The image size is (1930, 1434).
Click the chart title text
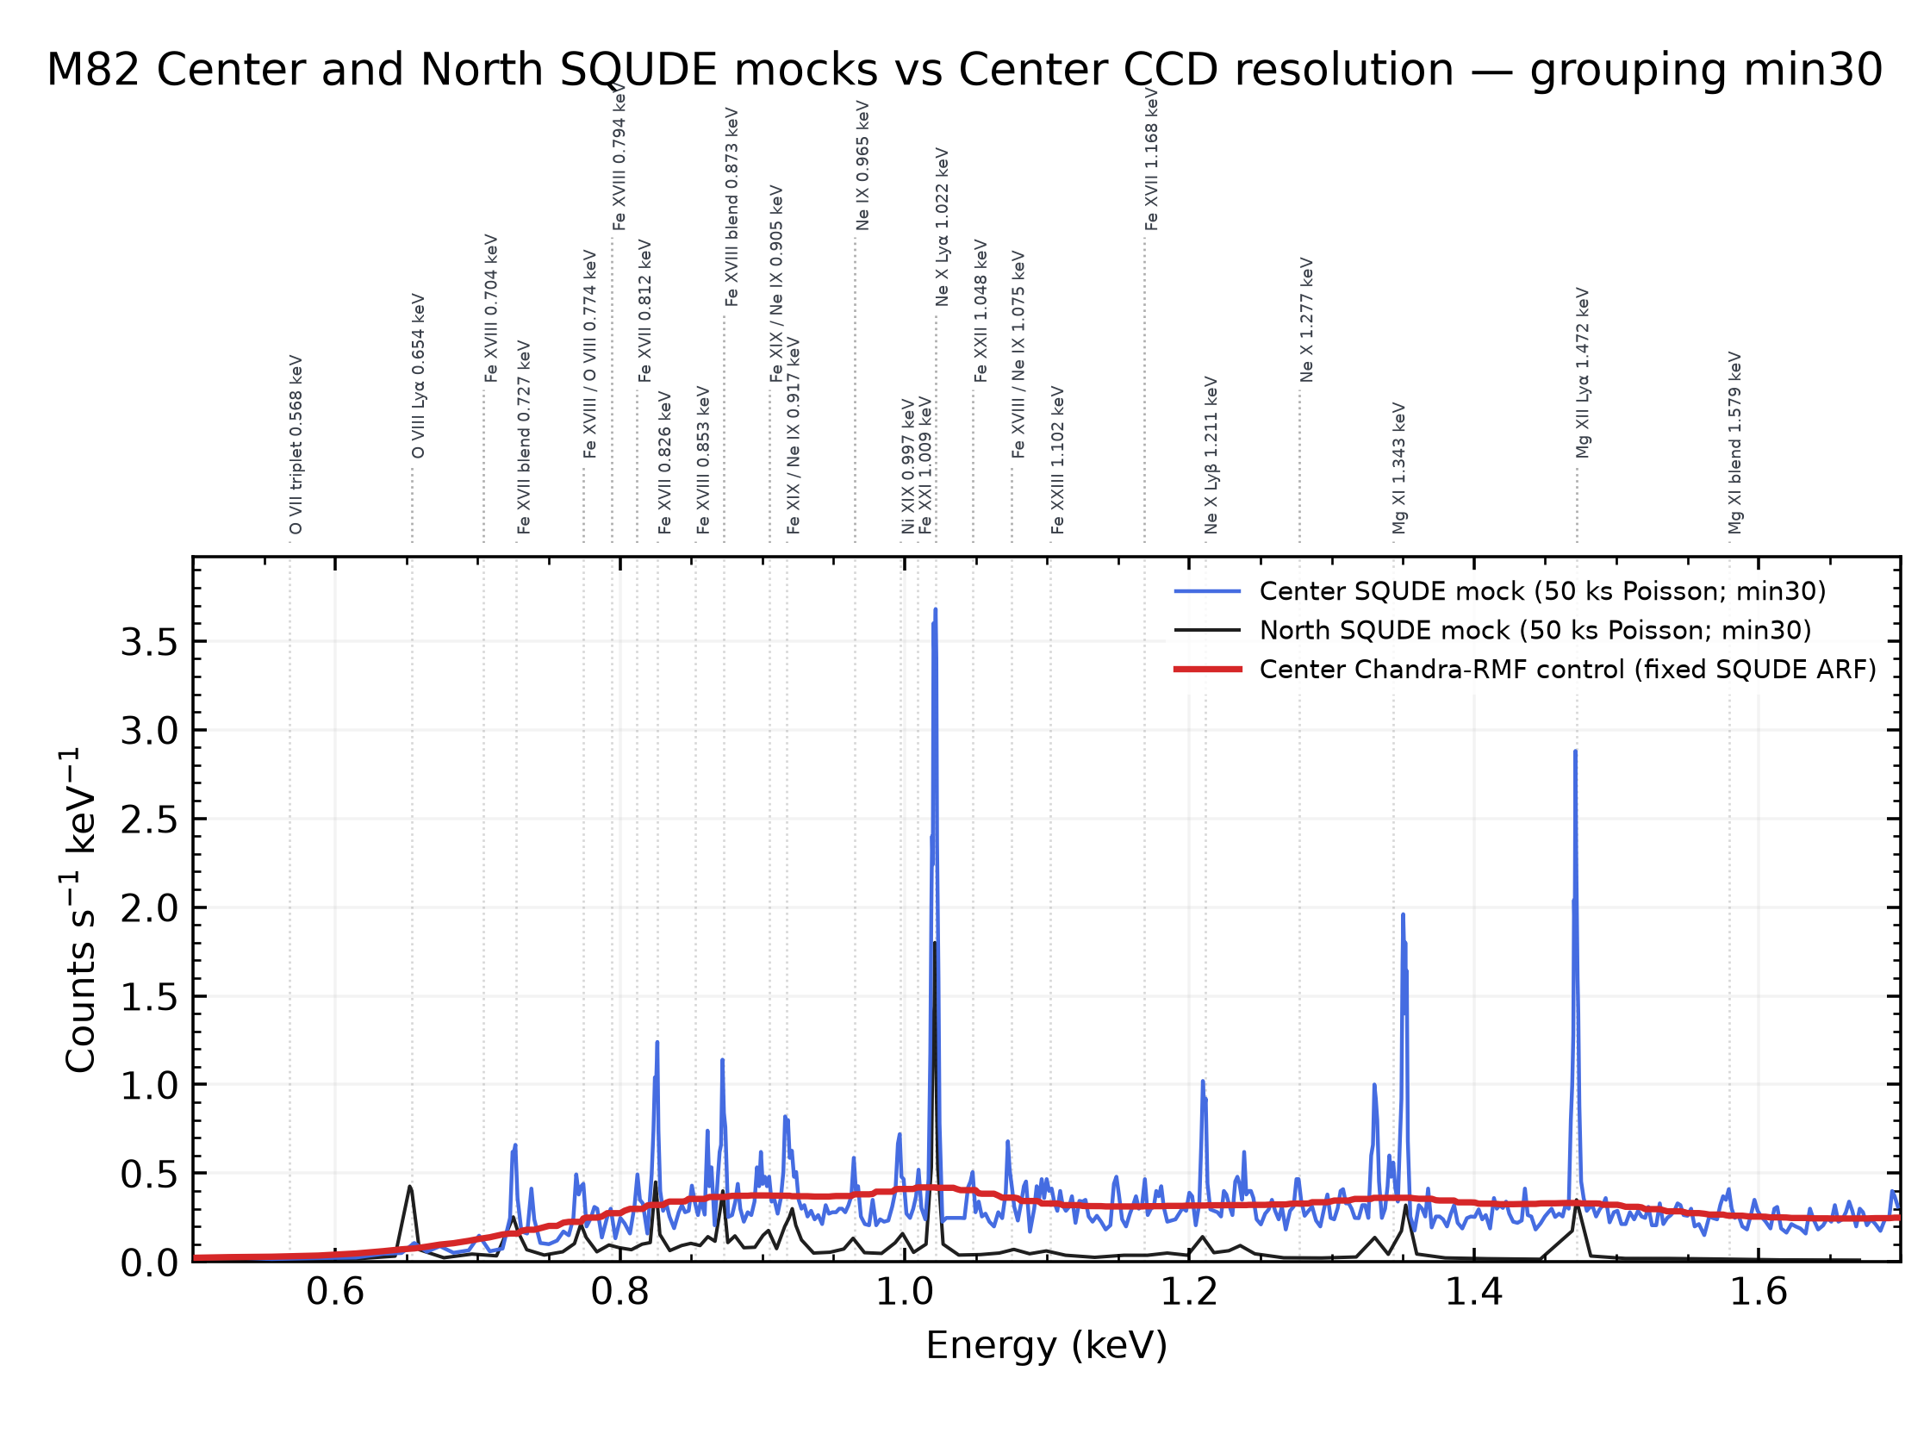point(964,71)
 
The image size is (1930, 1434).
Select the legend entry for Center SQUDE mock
point(1499,591)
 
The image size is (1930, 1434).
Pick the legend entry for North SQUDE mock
point(1492,630)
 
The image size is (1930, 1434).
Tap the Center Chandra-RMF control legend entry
point(1525,670)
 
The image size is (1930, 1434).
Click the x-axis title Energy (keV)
point(1047,1346)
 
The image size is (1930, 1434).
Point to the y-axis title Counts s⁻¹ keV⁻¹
point(80,910)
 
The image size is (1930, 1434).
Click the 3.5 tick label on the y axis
point(149,643)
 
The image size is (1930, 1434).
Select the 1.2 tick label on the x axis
point(1189,1293)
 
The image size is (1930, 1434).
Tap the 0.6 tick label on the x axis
point(335,1293)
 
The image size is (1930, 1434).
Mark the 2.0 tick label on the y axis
point(149,909)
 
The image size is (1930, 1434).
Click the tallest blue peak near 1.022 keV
point(936,609)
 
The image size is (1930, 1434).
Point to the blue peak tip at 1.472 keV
point(1575,751)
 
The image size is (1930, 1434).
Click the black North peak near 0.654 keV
point(410,1187)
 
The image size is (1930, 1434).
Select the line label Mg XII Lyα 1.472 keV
point(1584,372)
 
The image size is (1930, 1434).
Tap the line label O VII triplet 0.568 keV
point(296,445)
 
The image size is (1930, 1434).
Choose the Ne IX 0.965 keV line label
point(862,165)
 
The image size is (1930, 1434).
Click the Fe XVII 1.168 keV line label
point(1152,159)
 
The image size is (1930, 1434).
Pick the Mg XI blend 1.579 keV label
point(1735,443)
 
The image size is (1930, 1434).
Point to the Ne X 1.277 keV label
point(1307,320)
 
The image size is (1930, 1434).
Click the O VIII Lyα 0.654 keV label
point(418,376)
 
